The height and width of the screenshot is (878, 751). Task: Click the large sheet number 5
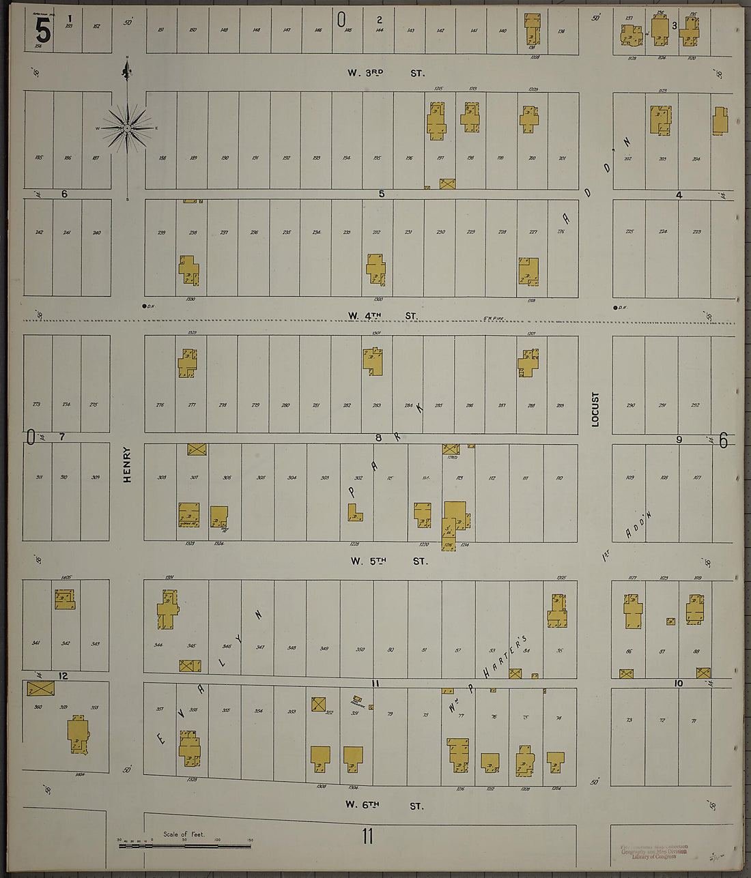click(42, 29)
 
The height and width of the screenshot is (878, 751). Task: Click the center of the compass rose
click(127, 128)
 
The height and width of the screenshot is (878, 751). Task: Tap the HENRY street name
click(127, 465)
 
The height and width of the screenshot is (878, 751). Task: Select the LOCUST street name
click(595, 409)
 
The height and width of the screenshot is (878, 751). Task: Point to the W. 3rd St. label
click(386, 72)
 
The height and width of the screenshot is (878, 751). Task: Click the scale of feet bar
click(184, 846)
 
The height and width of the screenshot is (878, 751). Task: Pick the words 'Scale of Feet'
click(183, 834)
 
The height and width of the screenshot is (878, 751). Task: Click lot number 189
click(193, 158)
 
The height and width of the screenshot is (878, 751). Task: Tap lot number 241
click(67, 233)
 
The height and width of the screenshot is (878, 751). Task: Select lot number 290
click(630, 405)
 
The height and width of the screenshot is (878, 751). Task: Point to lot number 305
click(261, 478)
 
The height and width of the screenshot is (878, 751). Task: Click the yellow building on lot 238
click(188, 270)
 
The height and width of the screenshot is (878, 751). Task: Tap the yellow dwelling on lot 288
click(527, 362)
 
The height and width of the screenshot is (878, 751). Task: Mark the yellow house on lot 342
click(65, 600)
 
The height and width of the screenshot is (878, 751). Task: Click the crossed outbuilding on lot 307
click(197, 450)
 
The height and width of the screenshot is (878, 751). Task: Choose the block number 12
click(63, 676)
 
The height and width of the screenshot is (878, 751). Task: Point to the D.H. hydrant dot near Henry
click(145, 306)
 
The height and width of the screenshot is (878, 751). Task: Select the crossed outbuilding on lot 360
click(40, 689)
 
